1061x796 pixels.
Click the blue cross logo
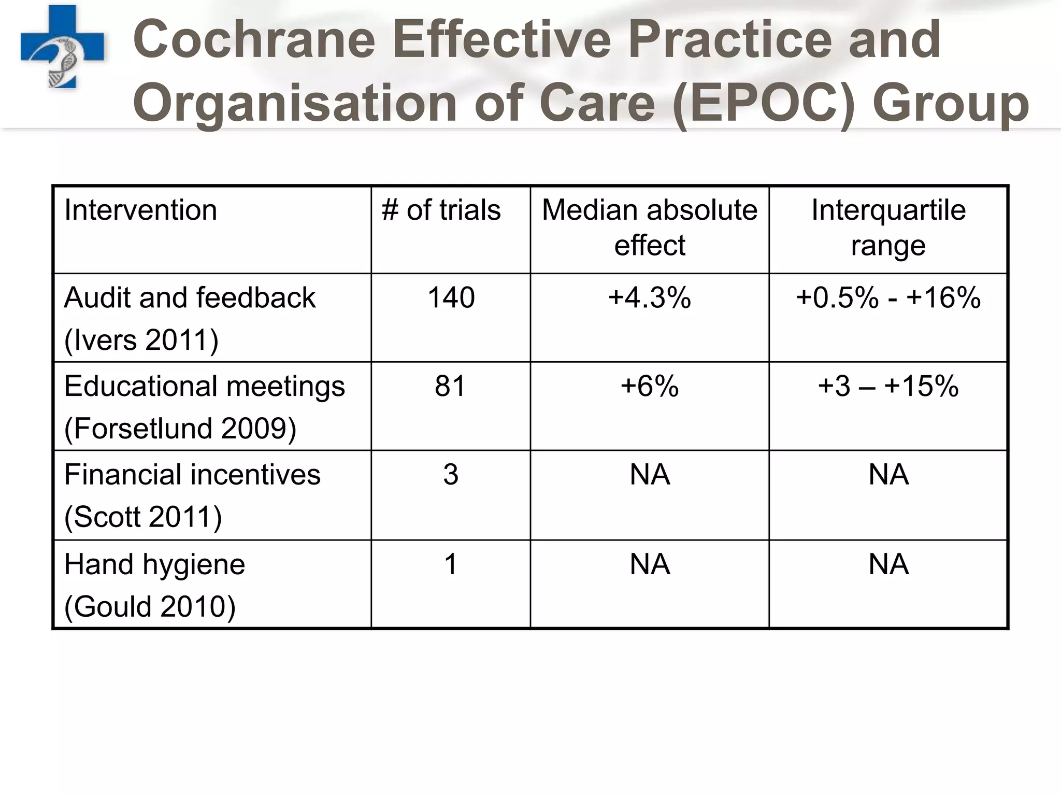click(62, 47)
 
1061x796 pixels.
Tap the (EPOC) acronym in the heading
click(764, 103)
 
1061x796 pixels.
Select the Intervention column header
click(140, 210)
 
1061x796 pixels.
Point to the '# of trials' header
click(441, 210)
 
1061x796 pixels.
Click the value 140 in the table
click(451, 298)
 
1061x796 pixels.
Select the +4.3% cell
click(649, 298)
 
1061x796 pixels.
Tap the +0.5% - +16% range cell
click(888, 298)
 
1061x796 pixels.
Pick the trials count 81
click(450, 386)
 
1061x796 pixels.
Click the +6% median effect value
click(649, 386)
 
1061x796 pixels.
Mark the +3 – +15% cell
click(888, 386)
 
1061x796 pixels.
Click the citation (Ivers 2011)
click(141, 340)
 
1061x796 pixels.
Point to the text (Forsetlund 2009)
click(180, 429)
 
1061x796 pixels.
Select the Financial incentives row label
click(192, 475)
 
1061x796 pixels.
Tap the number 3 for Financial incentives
click(450, 475)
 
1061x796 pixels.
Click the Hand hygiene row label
click(154, 564)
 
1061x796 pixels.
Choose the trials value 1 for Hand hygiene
click(451, 564)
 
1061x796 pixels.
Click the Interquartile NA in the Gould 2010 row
click(888, 564)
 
